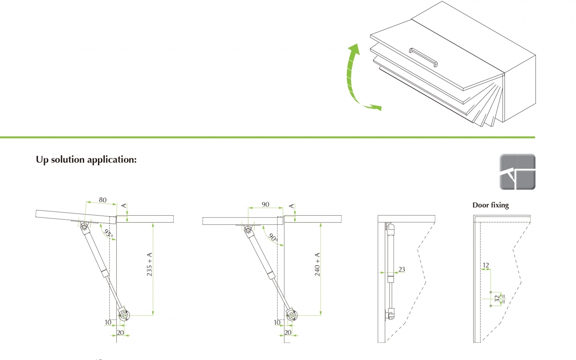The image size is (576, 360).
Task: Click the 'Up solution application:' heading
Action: coord(86,160)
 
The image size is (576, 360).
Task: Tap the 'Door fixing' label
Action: coord(490,205)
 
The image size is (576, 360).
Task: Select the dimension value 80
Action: coord(103,200)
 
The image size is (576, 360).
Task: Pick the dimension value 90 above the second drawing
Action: coord(266,204)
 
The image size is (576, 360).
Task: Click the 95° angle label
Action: coord(108,233)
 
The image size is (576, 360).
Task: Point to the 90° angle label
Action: coord(273,237)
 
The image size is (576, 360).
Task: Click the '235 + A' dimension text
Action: coord(149,264)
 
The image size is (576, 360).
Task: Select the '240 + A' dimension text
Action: coord(317,264)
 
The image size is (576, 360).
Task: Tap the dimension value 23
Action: coord(402,269)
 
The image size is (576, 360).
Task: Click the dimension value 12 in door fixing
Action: coord(486,265)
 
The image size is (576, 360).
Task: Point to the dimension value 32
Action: coord(497,299)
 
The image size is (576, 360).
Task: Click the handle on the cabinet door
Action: coord(423,57)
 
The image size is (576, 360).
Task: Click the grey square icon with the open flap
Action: coord(517,172)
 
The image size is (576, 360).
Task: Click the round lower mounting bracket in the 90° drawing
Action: coord(292,314)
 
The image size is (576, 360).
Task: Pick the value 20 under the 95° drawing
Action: coord(120,332)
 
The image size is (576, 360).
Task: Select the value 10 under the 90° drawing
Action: coord(277,322)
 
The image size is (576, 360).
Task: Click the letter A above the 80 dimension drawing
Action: coord(124,206)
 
